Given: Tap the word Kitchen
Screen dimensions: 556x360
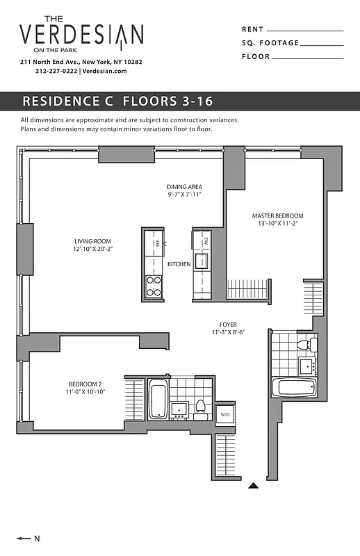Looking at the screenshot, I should coord(179,264).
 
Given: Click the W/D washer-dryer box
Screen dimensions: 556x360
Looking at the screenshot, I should coord(224,414).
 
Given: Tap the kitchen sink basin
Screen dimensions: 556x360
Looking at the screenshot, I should coord(201,261).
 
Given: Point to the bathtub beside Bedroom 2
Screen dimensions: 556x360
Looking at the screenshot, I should coord(158,400).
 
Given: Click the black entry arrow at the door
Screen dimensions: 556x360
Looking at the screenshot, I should coord(254,486).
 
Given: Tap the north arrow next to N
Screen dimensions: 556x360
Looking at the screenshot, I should coord(24,538).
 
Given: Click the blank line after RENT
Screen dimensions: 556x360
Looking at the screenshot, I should coord(304,31).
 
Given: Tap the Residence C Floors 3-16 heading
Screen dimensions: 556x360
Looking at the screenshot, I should coord(107,101).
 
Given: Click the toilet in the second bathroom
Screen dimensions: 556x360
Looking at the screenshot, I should coord(201,407).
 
